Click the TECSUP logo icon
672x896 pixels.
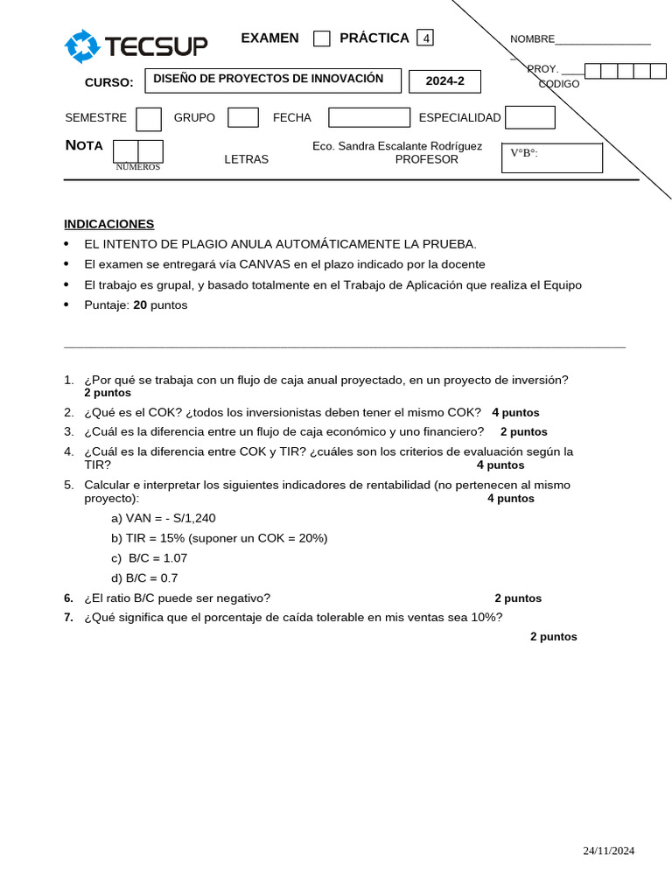[82, 46]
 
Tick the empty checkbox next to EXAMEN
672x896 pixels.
[322, 38]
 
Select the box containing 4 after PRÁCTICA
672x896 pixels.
[425, 38]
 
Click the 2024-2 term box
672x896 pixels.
[444, 81]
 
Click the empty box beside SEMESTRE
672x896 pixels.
[149, 119]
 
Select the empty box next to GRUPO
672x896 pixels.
[242, 117]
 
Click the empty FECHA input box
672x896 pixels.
[368, 117]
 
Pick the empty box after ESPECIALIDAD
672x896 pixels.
[529, 117]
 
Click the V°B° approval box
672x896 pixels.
[551, 158]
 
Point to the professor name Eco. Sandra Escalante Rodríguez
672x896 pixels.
[396, 146]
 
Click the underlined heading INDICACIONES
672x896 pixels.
[109, 224]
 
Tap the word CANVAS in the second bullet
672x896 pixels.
[265, 264]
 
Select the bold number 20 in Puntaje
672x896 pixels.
[140, 305]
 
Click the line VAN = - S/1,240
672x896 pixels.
[163, 518]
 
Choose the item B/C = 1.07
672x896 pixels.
[150, 558]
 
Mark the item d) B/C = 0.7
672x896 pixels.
[144, 578]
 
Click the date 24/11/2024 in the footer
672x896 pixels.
[609, 850]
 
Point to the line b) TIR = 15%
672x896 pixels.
[219, 538]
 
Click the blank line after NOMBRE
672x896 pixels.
[603, 39]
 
